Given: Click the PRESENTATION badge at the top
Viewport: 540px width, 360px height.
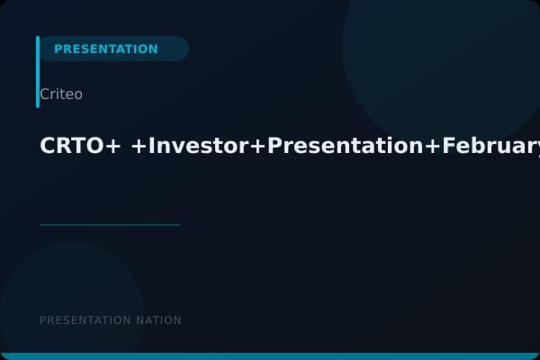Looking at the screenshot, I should [x=106, y=49].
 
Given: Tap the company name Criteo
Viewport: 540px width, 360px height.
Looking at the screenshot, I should [x=61, y=94].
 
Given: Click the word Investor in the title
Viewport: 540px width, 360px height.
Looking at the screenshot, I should [x=198, y=146].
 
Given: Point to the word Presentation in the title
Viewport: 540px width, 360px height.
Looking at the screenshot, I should [x=346, y=146].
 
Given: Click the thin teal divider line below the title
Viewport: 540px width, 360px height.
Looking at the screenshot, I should [x=110, y=225].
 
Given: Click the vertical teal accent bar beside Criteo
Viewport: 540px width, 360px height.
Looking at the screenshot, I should [x=38, y=72].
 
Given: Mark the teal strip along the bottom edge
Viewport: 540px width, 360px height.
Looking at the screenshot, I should [x=270, y=356].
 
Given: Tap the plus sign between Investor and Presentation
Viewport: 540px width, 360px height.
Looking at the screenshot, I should [x=258, y=147].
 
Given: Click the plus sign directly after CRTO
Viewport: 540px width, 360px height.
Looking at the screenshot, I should [x=113, y=147].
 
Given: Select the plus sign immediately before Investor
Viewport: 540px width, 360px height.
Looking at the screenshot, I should [x=139, y=147].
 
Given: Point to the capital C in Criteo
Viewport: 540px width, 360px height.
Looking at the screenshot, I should [x=44, y=94].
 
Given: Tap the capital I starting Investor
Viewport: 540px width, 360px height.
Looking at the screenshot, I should [x=151, y=146].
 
